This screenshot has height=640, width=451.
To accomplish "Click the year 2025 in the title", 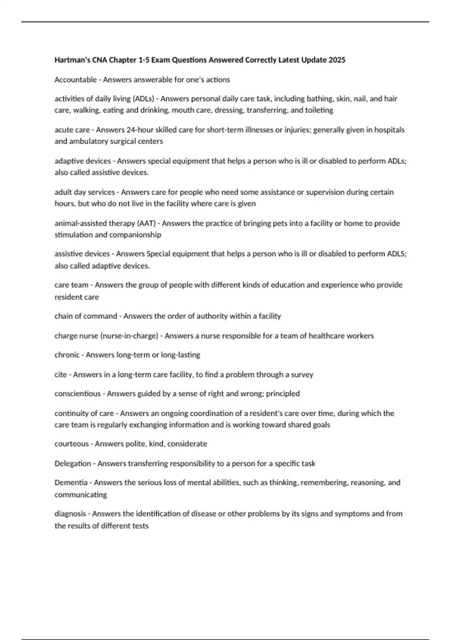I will click(337, 60).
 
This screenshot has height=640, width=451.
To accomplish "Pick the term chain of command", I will click(86, 316).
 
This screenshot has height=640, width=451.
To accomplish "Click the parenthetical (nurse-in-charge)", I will click(129, 336).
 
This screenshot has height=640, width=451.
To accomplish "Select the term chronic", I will click(67, 355).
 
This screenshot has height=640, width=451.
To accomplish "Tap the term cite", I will click(61, 375).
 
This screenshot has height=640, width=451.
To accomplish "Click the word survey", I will click(302, 375).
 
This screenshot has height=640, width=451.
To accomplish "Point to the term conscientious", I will click(77, 394).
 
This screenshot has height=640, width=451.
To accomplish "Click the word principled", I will click(283, 394).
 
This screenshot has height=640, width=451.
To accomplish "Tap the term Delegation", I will click(73, 463).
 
